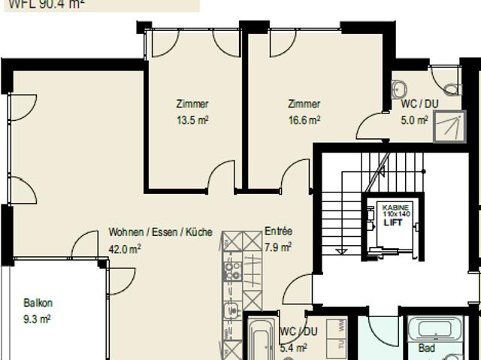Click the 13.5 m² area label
[x=192, y=119]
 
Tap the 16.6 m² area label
[x=304, y=119]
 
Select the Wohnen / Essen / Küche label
[x=160, y=232]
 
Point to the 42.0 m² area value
[x=125, y=249]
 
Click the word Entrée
[x=278, y=232]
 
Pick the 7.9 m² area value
[x=278, y=247]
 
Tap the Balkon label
[x=38, y=304]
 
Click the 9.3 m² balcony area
[x=37, y=319]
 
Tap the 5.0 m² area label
[x=414, y=119]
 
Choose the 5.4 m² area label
[x=293, y=347]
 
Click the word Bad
[x=426, y=349]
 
